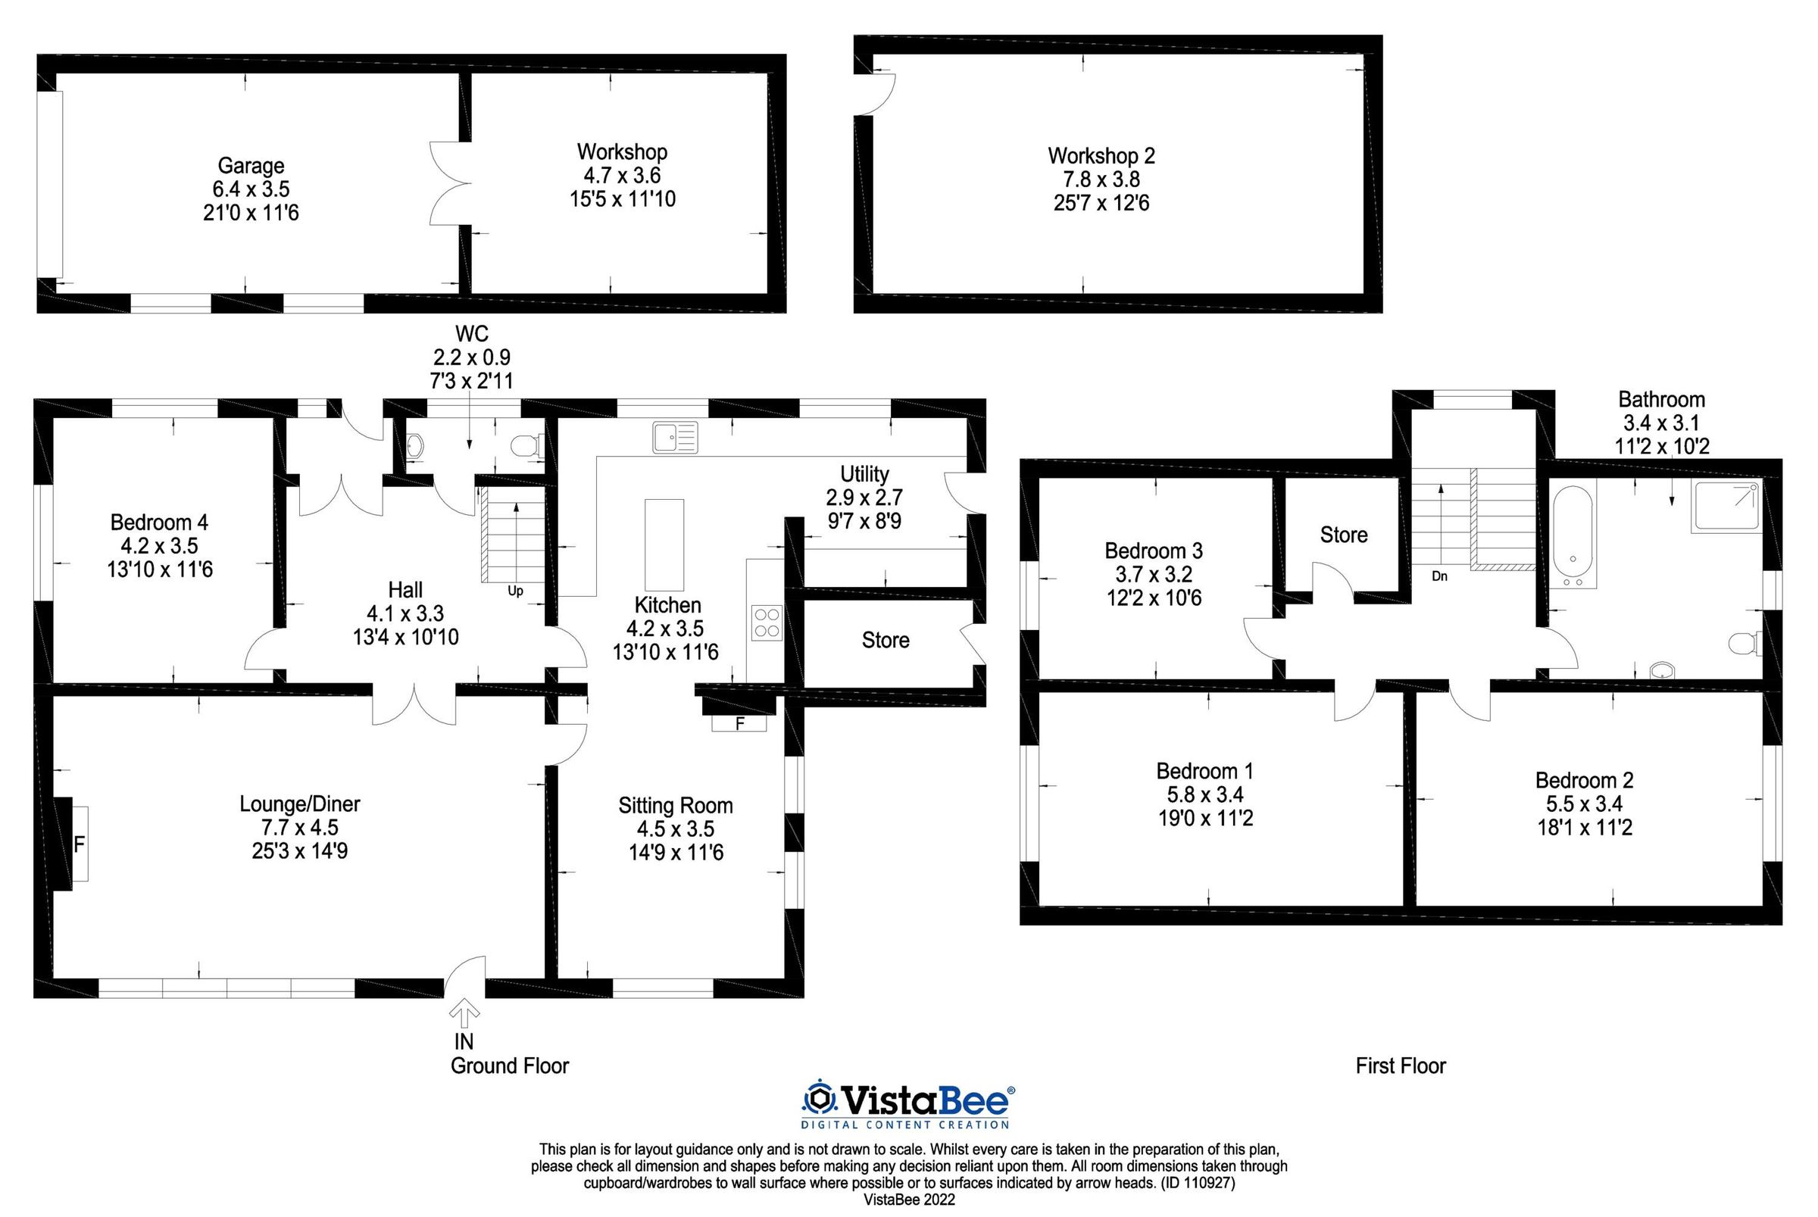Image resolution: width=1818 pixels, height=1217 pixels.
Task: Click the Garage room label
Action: [251, 165]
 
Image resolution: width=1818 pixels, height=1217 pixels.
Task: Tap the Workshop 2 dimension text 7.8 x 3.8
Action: [1101, 179]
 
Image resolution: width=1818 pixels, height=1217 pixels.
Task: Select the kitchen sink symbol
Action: [675, 437]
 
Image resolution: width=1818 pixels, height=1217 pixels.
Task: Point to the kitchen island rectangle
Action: [664, 545]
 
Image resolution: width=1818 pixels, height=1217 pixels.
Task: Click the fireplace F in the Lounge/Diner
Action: [79, 844]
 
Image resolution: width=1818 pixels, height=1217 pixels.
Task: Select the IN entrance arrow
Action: [464, 1013]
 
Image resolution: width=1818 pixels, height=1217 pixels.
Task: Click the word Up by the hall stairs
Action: [515, 591]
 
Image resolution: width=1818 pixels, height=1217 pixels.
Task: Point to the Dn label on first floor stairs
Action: [1439, 576]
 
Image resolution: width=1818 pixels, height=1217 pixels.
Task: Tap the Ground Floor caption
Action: [509, 1066]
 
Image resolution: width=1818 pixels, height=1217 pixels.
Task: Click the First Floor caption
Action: [1401, 1066]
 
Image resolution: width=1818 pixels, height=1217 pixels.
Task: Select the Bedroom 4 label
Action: [159, 522]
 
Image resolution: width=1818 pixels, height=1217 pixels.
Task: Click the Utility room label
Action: [864, 473]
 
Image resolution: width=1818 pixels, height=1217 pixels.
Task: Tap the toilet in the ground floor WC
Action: [527, 445]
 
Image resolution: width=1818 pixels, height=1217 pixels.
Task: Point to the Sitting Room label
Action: [676, 806]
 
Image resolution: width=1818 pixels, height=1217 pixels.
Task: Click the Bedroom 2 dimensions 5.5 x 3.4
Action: [1585, 804]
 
